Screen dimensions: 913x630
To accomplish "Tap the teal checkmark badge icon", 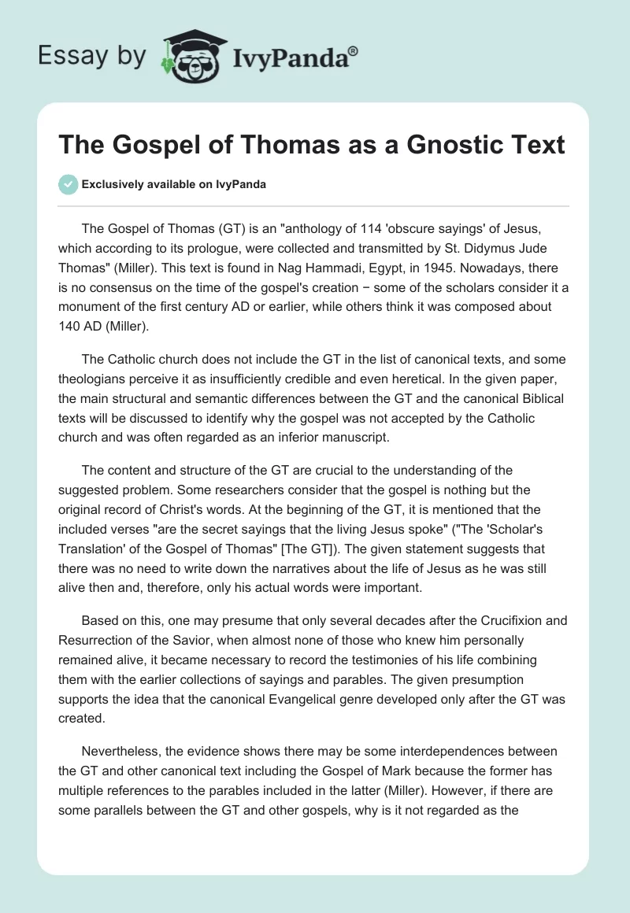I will (x=69, y=184).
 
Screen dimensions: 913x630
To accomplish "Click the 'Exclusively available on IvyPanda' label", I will (x=173, y=184).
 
